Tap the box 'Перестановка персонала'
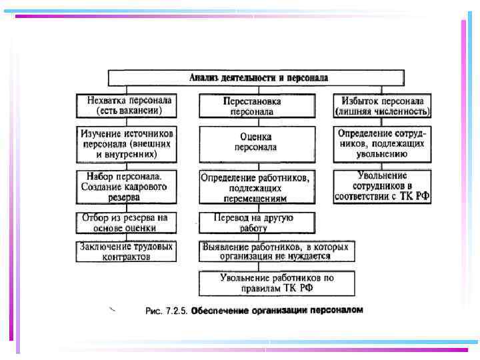coord(257,107)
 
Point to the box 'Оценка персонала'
coord(257,142)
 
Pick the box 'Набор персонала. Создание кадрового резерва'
coord(127,187)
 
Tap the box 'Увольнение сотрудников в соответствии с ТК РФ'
coord(382,186)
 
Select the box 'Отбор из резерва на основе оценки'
coord(127,223)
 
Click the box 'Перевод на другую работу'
coord(257,223)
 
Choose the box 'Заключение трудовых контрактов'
coord(127,251)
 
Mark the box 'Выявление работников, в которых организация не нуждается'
coord(276,252)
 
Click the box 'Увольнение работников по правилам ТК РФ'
coord(276,283)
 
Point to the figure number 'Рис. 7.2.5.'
coord(167,311)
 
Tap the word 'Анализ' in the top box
coord(203,78)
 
